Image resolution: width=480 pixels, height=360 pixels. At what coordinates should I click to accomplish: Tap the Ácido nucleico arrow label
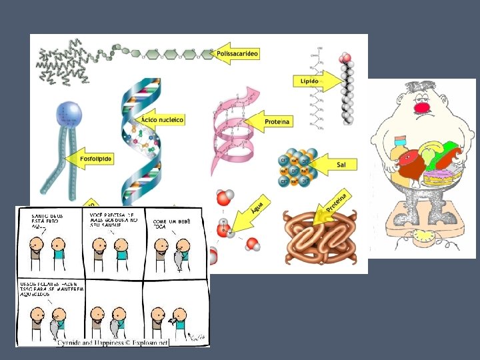pyautogui.click(x=160, y=119)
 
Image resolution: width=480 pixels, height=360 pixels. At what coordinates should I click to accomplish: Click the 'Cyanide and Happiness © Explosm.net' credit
pyautogui.click(x=113, y=342)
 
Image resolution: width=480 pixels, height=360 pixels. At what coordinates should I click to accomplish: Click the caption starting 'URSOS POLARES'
pyautogui.click(x=49, y=289)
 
